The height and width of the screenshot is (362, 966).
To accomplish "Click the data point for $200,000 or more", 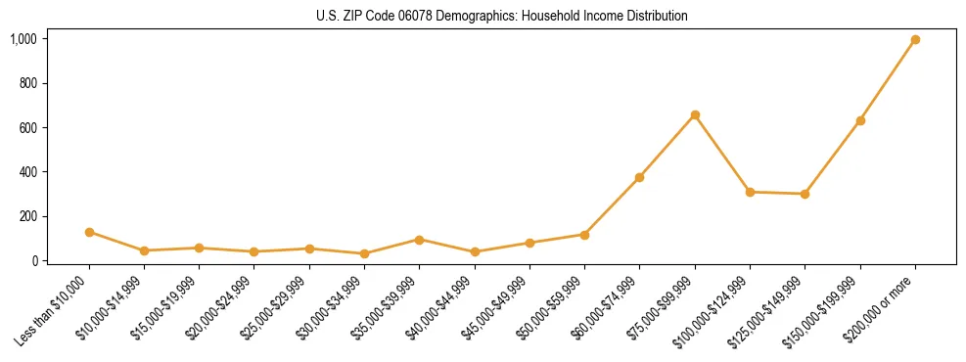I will click(x=915, y=40).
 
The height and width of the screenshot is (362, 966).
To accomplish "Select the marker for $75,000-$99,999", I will click(x=695, y=115).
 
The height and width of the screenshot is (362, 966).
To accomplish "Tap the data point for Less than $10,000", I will click(x=89, y=232).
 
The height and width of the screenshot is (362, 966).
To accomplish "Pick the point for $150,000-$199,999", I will click(x=860, y=120).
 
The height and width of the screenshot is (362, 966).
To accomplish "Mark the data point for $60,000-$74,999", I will click(x=639, y=177).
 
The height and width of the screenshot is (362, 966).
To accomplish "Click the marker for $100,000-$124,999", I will click(x=750, y=192).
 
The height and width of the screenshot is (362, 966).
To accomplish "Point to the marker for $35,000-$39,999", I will click(x=419, y=240).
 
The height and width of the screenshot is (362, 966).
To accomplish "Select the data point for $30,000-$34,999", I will click(x=364, y=253).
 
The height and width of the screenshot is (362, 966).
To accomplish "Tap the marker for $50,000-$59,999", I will click(x=584, y=235).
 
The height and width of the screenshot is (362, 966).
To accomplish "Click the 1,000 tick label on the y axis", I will click(x=23, y=39).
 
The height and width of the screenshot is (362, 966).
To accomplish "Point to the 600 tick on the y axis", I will click(x=28, y=128).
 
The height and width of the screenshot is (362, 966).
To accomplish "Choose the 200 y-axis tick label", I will click(x=28, y=216).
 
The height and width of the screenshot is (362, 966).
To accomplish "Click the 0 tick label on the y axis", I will click(x=34, y=260).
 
